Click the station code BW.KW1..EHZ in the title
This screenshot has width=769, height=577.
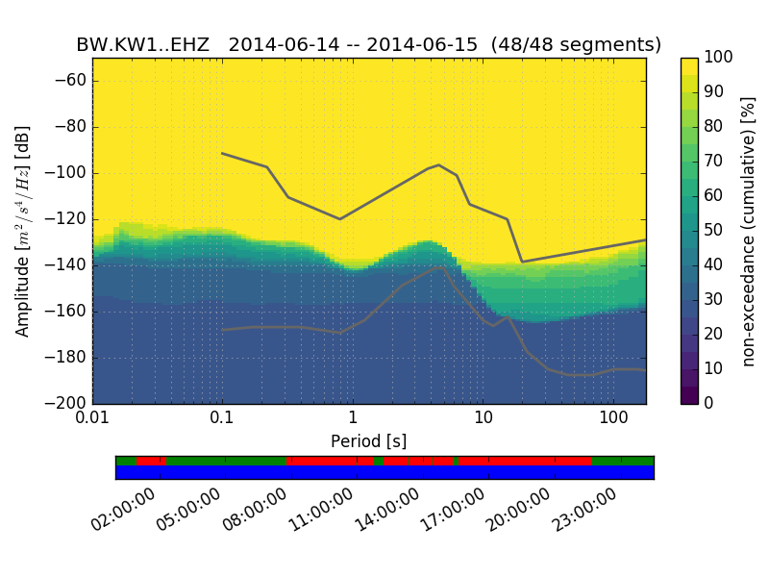click(x=143, y=45)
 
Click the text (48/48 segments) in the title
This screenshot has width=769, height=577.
click(x=576, y=45)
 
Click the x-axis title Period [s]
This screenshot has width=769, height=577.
click(x=368, y=441)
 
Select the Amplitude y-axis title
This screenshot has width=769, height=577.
click(x=23, y=231)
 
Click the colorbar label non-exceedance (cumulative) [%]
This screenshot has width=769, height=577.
click(x=748, y=231)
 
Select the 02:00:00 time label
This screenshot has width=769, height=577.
click(x=125, y=510)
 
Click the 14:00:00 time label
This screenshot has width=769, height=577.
click(x=388, y=510)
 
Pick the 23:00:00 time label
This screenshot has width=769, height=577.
click(x=586, y=510)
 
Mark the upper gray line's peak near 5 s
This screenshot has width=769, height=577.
click(x=439, y=164)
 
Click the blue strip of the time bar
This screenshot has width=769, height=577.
click(x=384, y=472)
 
